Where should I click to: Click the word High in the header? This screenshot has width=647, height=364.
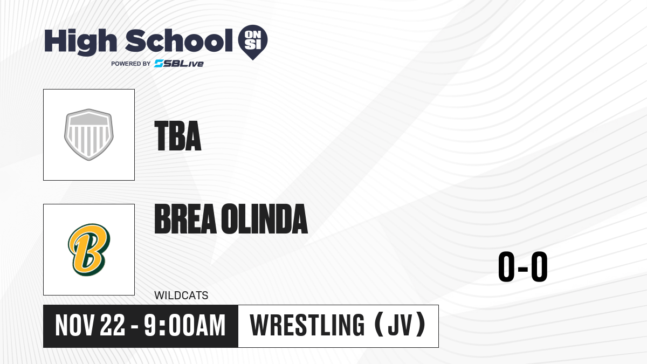point(80,42)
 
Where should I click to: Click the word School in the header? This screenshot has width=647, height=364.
point(179,40)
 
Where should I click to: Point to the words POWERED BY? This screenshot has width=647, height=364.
point(131,64)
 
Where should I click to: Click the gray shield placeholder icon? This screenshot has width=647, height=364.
point(89,134)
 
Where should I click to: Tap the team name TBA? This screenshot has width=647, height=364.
point(177,136)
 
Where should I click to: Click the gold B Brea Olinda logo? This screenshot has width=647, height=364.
point(89,250)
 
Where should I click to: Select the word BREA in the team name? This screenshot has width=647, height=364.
point(185,219)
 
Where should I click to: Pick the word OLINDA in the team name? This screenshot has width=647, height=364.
point(265,219)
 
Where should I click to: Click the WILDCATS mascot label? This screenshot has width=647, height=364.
point(181,296)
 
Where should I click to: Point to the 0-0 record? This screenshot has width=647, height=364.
point(523,266)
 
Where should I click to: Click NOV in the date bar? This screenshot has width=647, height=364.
point(75,326)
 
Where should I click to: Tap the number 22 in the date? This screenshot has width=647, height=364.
point(113,326)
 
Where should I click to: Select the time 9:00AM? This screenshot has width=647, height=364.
point(184,326)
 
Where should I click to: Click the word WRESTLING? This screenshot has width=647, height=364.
point(307,325)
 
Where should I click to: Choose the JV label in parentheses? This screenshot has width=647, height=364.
point(400,325)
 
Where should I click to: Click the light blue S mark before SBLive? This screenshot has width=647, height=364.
point(159,64)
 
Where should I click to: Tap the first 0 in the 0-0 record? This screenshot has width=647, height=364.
point(506,266)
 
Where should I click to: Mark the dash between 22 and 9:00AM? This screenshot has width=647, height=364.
point(134,327)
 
